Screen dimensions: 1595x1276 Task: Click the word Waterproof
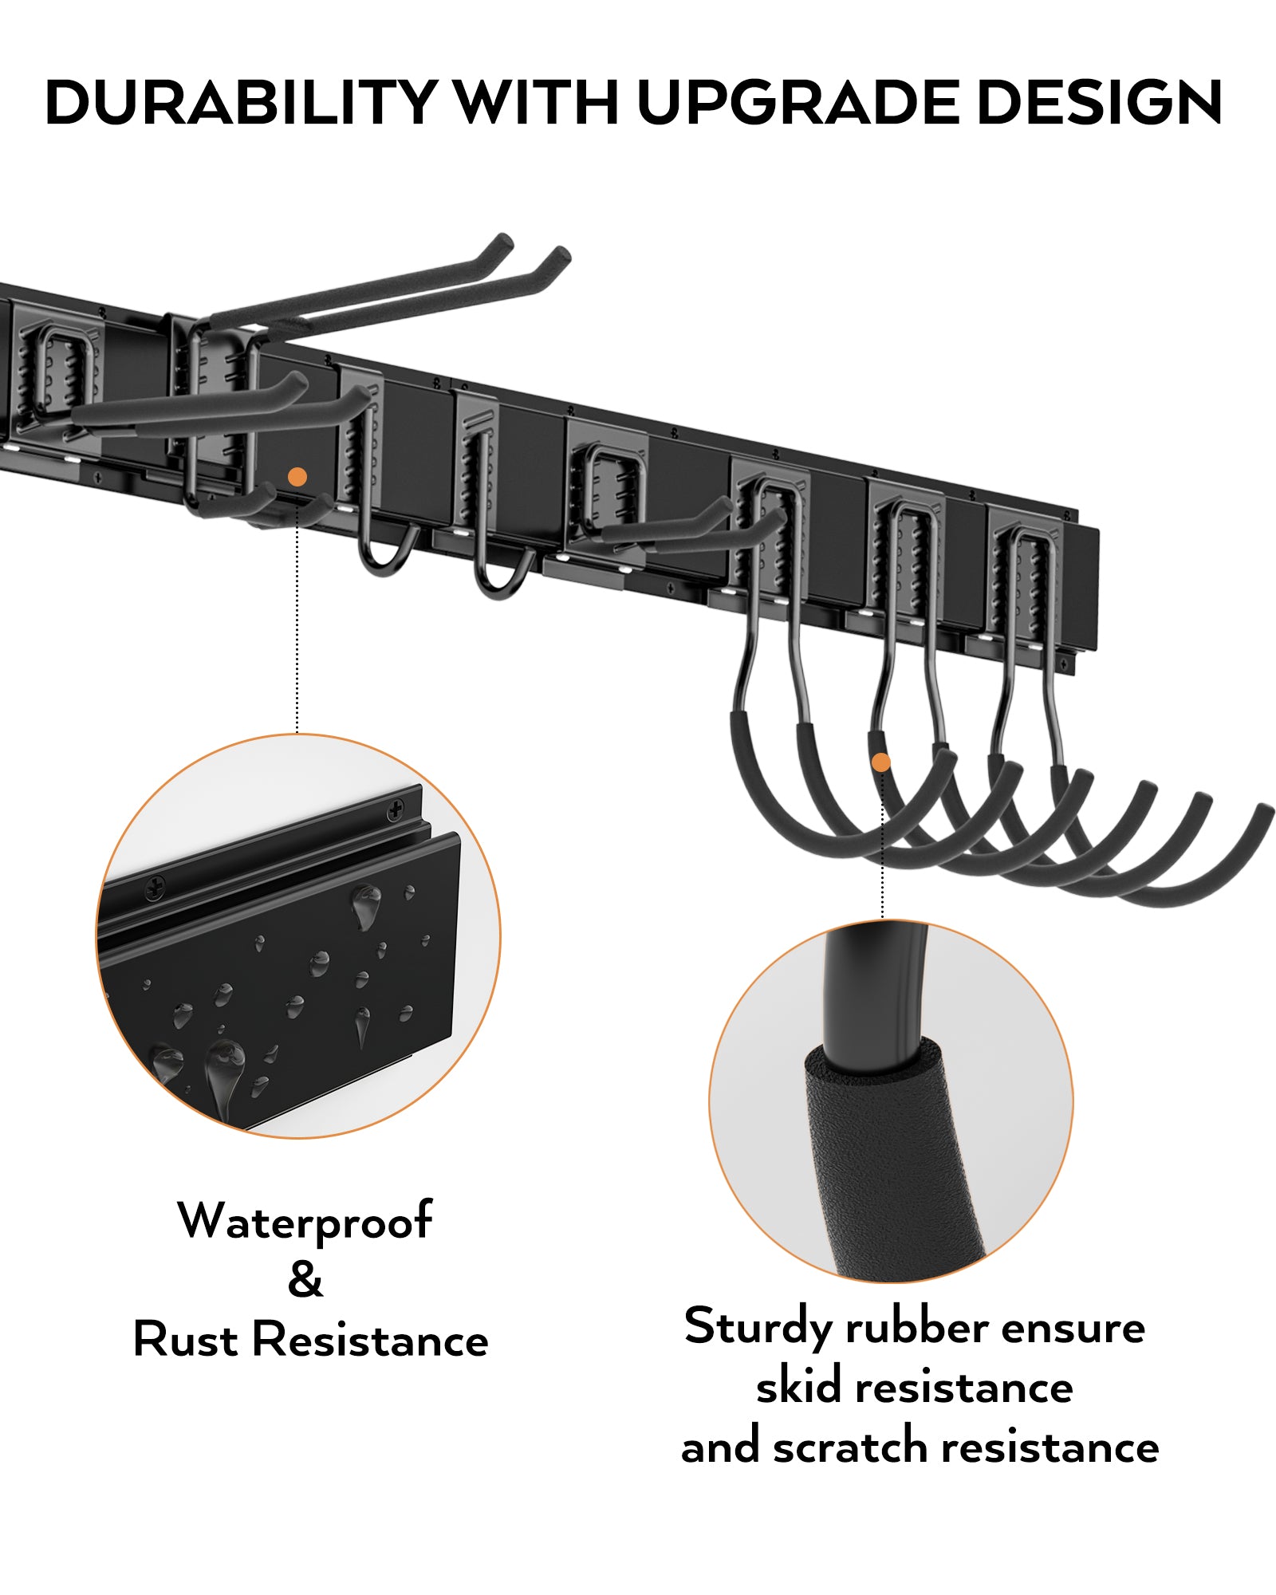[305, 1221]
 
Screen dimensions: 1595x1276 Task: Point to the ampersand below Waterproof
[305, 1279]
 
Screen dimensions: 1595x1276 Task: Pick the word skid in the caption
[798, 1388]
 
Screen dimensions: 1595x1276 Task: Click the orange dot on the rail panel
[297, 477]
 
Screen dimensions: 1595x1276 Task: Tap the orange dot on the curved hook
[880, 762]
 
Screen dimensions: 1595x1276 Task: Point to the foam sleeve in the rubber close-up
[885, 1156]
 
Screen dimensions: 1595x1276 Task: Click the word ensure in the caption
[1073, 1328]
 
